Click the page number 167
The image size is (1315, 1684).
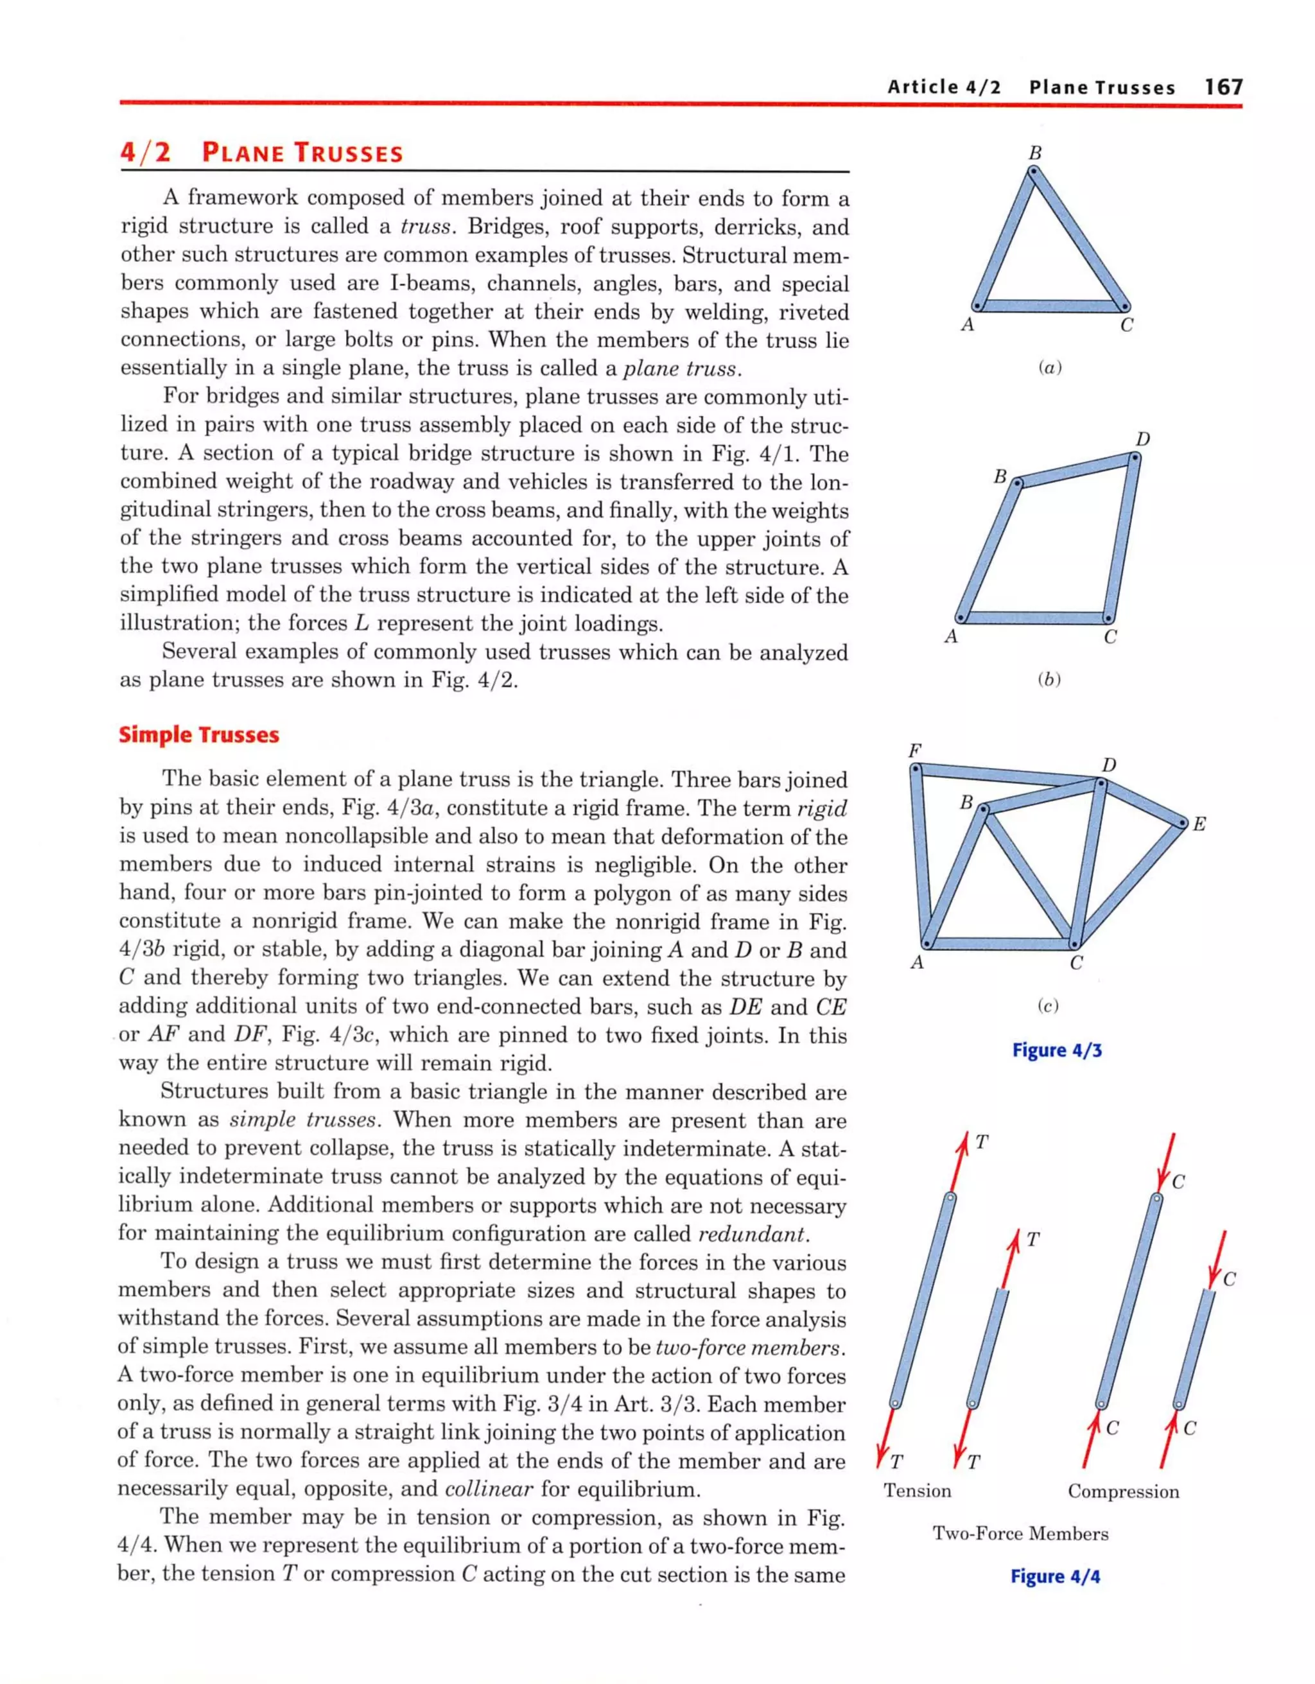pyautogui.click(x=1224, y=87)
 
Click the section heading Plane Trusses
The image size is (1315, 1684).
pyautogui.click(x=302, y=153)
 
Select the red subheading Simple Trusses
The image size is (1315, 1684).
pyautogui.click(x=199, y=735)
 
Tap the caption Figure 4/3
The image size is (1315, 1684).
pyautogui.click(x=1057, y=1050)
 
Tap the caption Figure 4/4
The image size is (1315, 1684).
pyautogui.click(x=1055, y=1576)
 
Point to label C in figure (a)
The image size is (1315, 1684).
pyautogui.click(x=1126, y=326)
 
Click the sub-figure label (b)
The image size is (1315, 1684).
pyautogui.click(x=1049, y=679)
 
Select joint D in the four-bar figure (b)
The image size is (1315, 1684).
pyautogui.click(x=1135, y=457)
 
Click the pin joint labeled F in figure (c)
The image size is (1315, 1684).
pyautogui.click(x=916, y=768)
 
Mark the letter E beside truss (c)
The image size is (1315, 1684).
pyautogui.click(x=1199, y=824)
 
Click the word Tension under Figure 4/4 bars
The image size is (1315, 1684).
pyautogui.click(x=917, y=1491)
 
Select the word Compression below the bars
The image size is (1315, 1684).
pyautogui.click(x=1123, y=1491)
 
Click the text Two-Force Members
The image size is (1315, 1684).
pyautogui.click(x=1020, y=1533)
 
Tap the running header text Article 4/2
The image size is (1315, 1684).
pyautogui.click(x=943, y=87)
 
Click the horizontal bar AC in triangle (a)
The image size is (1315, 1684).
pyautogui.click(x=1050, y=306)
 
